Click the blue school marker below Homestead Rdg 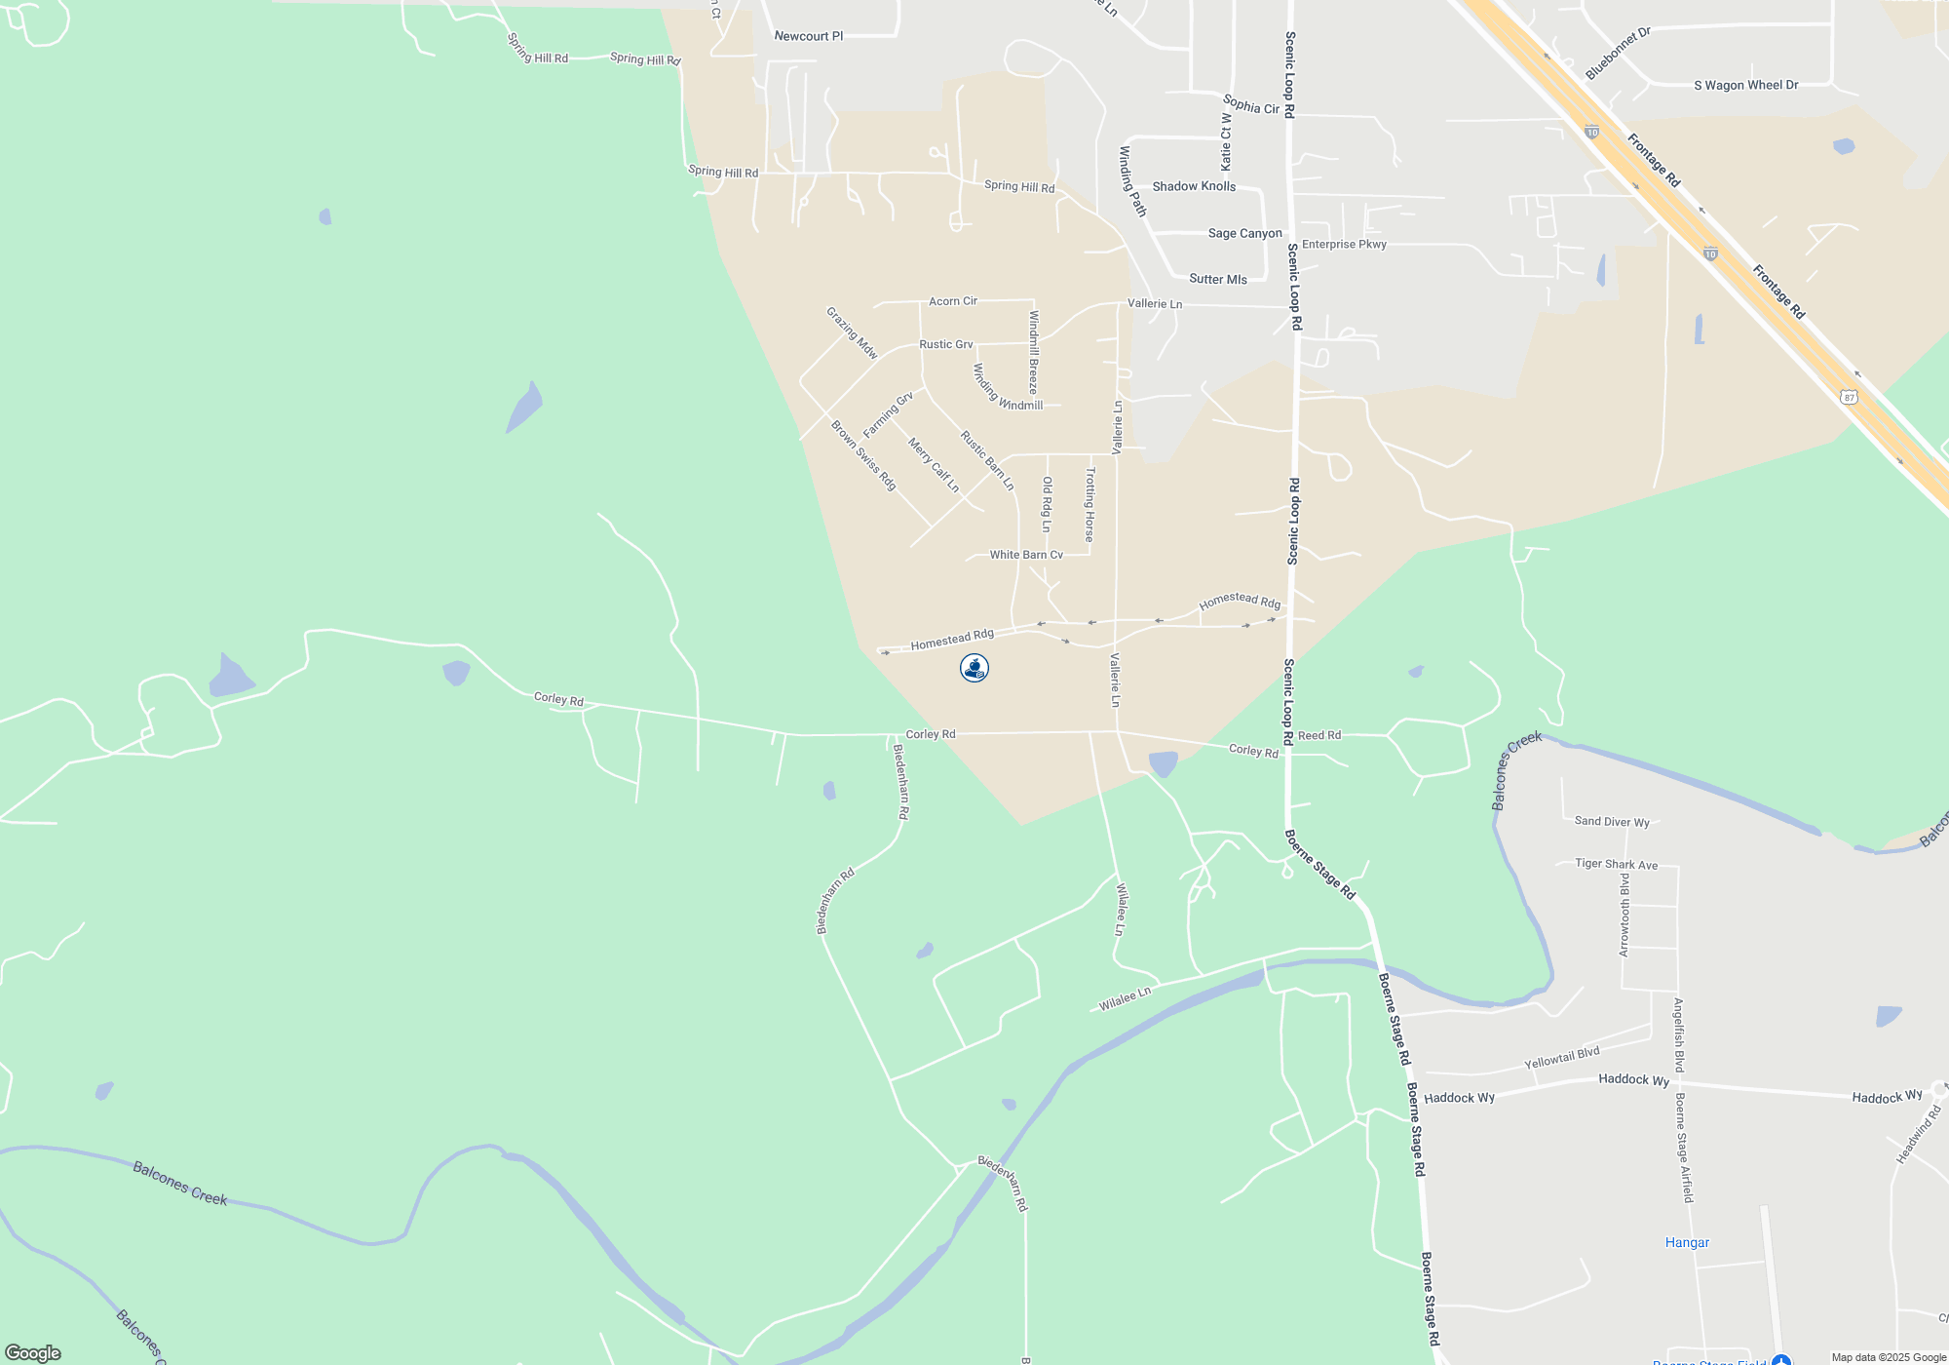pyautogui.click(x=974, y=668)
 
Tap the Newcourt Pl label pyautogui.click(x=808, y=36)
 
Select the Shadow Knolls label pyautogui.click(x=1194, y=186)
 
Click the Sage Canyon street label pyautogui.click(x=1244, y=233)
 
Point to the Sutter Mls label pyautogui.click(x=1217, y=279)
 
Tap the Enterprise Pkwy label pyautogui.click(x=1344, y=244)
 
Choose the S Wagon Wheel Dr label pyautogui.click(x=1745, y=85)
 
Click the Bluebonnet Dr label pyautogui.click(x=1618, y=54)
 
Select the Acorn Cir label pyautogui.click(x=952, y=301)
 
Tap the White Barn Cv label pyautogui.click(x=1026, y=555)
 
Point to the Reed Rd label pyautogui.click(x=1318, y=735)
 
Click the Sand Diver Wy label pyautogui.click(x=1612, y=821)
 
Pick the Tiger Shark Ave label pyautogui.click(x=1616, y=864)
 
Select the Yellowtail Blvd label pyautogui.click(x=1561, y=1058)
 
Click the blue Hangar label pyautogui.click(x=1687, y=1242)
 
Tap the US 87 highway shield pyautogui.click(x=1849, y=397)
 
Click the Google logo pyautogui.click(x=33, y=1352)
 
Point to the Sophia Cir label pyautogui.click(x=1250, y=105)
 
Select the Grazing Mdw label pyautogui.click(x=852, y=333)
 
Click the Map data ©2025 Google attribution pyautogui.click(x=1888, y=1357)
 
